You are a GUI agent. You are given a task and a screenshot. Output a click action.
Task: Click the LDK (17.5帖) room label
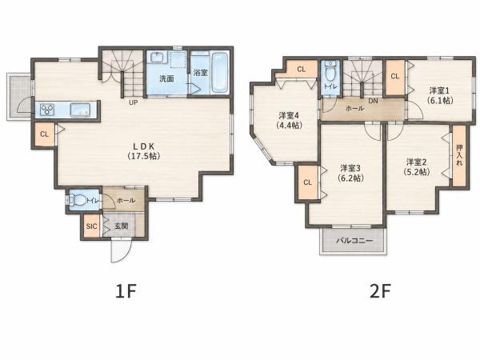pos(143,151)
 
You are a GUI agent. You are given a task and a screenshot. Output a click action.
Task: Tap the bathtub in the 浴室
pos(220,73)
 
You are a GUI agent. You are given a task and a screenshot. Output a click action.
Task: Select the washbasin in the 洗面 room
pos(158,57)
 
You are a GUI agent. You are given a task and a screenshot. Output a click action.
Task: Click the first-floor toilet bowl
pos(78,201)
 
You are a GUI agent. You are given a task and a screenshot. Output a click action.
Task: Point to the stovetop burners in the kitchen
pos(47,110)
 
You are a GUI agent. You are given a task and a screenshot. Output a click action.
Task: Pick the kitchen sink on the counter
pos(80,110)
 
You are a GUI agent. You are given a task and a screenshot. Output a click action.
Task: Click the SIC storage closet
pos(91,226)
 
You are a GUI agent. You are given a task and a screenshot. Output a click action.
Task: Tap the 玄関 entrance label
pos(122,226)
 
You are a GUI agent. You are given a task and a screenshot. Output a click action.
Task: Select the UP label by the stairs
pos(133,102)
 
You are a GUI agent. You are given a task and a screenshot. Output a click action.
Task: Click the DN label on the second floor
pos(373,101)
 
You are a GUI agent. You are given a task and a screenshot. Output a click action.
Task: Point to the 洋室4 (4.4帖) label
pos(289,120)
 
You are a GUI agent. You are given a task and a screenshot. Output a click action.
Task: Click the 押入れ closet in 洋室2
pos(459,155)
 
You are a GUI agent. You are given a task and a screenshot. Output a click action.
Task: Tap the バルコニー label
pos(354,241)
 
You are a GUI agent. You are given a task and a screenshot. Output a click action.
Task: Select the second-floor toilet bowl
pos(330,72)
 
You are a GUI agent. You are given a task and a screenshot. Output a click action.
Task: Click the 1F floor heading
pos(126,291)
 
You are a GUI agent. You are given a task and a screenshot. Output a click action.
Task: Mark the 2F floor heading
pos(380,291)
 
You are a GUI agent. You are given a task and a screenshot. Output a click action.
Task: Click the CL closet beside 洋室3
pos(308,182)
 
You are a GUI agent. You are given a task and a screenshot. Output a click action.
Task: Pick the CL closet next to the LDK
pos(44,134)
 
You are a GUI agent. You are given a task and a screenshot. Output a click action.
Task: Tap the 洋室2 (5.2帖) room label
pos(416,167)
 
